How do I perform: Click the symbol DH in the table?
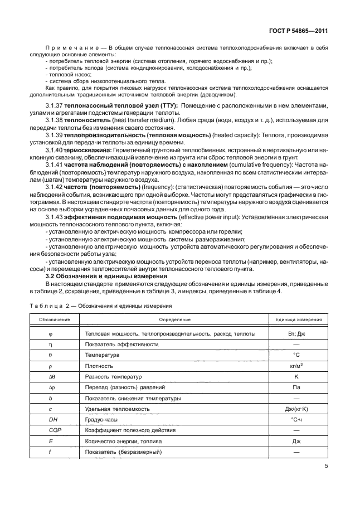coord(53,420)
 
